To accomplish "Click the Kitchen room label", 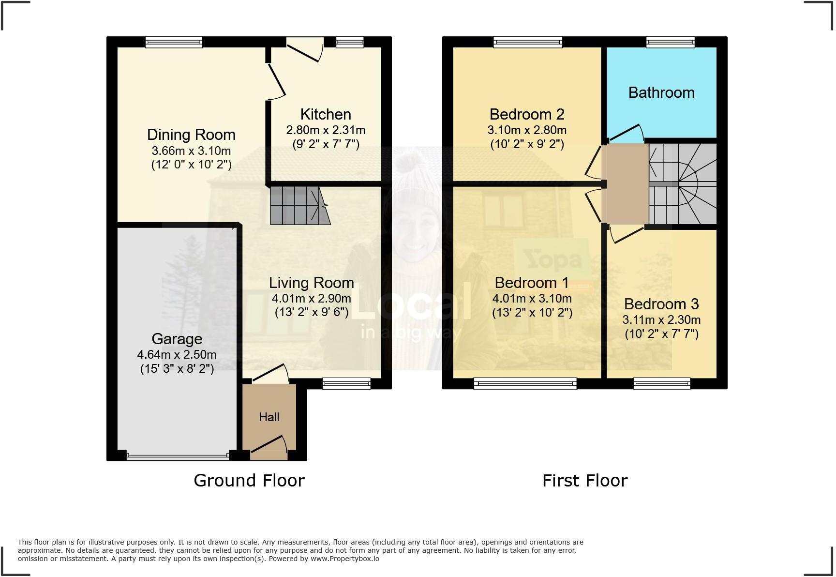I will coord(326,114).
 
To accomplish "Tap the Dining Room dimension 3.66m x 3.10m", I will coord(191,151).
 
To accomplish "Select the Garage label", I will coord(177,339).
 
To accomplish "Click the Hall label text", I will coord(269,417).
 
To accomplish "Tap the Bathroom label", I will coord(661,92).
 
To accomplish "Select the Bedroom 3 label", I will coord(661,304).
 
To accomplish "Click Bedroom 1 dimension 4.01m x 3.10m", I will coord(532,298).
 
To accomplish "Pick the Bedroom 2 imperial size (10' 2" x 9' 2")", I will coord(527,144).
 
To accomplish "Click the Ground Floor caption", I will coord(249,480).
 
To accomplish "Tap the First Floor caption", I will coord(584,480).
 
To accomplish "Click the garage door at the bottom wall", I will coord(178,455).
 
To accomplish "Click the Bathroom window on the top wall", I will coord(671,43).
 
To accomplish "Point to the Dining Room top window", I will coord(174,43).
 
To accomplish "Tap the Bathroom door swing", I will coord(626,133).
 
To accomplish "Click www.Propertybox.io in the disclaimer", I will coord(344,559).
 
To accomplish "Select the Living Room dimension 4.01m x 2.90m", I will coord(311,298).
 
